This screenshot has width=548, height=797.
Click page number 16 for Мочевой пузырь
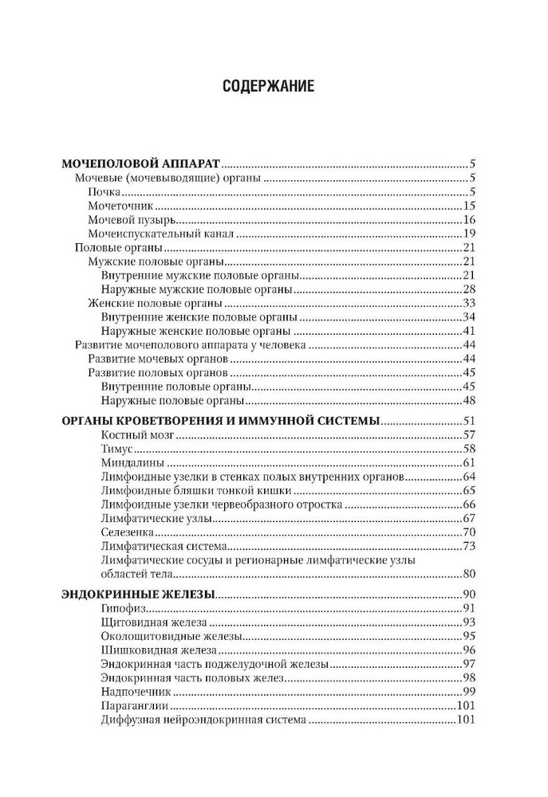pyautogui.click(x=468, y=219)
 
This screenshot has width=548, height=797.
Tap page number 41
pyautogui.click(x=468, y=331)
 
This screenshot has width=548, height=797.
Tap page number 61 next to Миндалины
pyautogui.click(x=468, y=463)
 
